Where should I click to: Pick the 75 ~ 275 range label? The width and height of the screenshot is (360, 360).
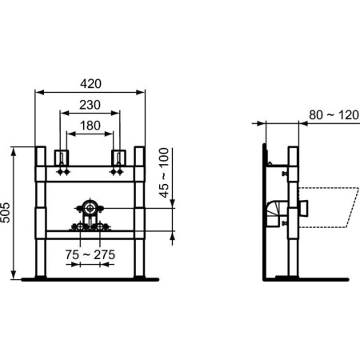[90, 254]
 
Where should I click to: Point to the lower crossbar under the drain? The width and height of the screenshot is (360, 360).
[89, 233]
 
